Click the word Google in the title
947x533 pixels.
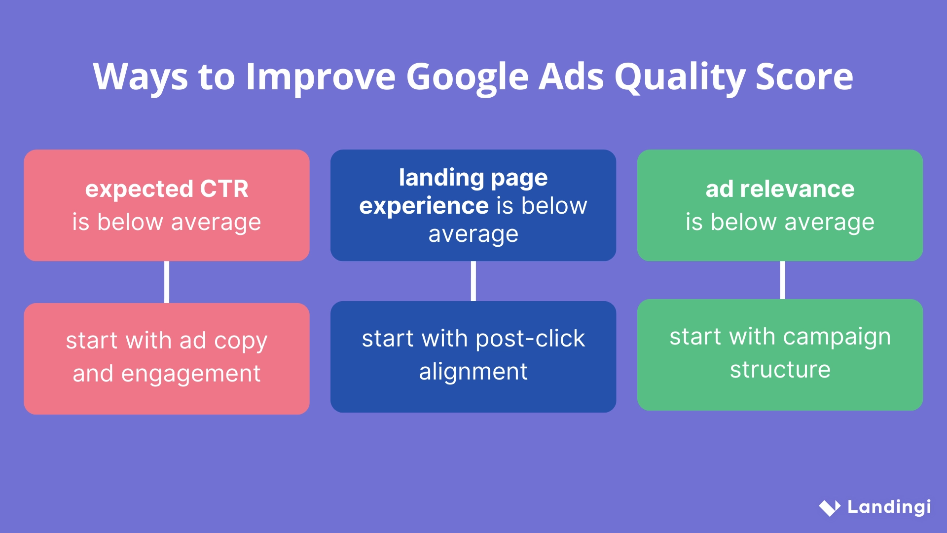point(467,77)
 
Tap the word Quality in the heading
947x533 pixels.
point(681,77)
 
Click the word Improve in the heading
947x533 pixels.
point(321,77)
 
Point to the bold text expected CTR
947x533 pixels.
point(167,189)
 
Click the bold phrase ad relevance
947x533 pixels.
point(780,189)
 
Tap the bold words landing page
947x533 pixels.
point(473,178)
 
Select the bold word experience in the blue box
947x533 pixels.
point(424,206)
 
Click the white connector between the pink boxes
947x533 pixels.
point(167,282)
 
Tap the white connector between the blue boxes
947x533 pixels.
point(473,281)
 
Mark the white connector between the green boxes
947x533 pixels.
point(782,280)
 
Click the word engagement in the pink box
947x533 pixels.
point(190,374)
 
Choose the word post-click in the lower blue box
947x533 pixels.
point(530,339)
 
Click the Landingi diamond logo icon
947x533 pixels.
point(830,507)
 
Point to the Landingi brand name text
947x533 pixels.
point(889,507)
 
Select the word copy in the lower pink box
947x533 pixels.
point(241,342)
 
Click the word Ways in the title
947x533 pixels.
point(141,77)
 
